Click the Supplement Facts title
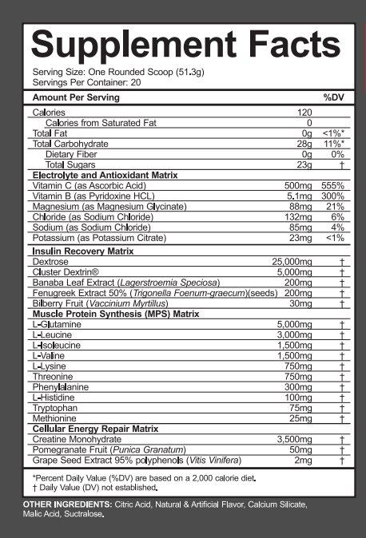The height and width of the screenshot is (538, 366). (180, 44)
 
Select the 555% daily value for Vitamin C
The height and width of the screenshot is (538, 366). (334, 185)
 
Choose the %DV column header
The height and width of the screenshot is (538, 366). (332, 97)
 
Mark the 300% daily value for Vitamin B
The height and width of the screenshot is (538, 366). (333, 196)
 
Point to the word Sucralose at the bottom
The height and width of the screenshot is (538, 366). (85, 515)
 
